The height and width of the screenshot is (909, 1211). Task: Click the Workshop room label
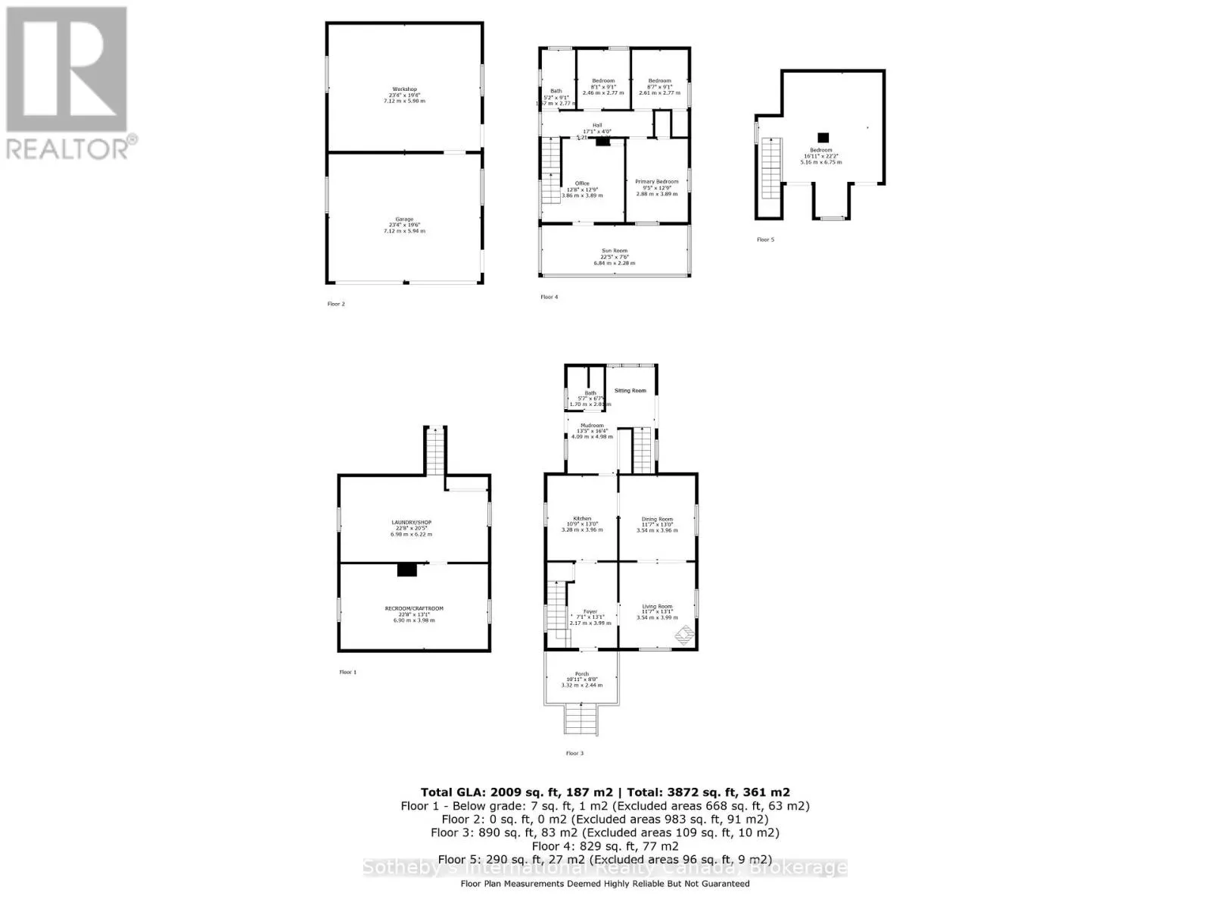tap(404, 89)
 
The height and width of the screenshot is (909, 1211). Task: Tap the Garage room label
tap(404, 220)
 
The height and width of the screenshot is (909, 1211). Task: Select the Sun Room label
tap(614, 251)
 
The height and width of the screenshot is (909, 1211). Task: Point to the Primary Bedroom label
tap(656, 182)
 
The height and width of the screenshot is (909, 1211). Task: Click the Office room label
tap(581, 183)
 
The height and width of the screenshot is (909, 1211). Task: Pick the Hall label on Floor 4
tap(597, 126)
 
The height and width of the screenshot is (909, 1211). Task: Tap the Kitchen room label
tap(581, 519)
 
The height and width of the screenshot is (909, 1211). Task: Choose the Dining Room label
tap(656, 519)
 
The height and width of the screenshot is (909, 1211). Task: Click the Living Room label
tap(656, 606)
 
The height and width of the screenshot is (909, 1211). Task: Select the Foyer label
tap(590, 611)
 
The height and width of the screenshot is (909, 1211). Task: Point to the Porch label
tap(581, 674)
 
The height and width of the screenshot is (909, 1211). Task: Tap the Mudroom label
tap(592, 426)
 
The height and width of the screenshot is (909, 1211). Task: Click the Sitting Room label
tap(630, 391)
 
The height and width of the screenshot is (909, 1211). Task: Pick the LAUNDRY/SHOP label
tap(411, 523)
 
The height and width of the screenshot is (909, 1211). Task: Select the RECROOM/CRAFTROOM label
tap(413, 608)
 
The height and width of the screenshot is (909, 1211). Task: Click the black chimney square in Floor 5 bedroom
tap(823, 138)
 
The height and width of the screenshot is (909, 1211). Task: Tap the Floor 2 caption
tap(335, 304)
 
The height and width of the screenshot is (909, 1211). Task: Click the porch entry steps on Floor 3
tap(581, 718)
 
